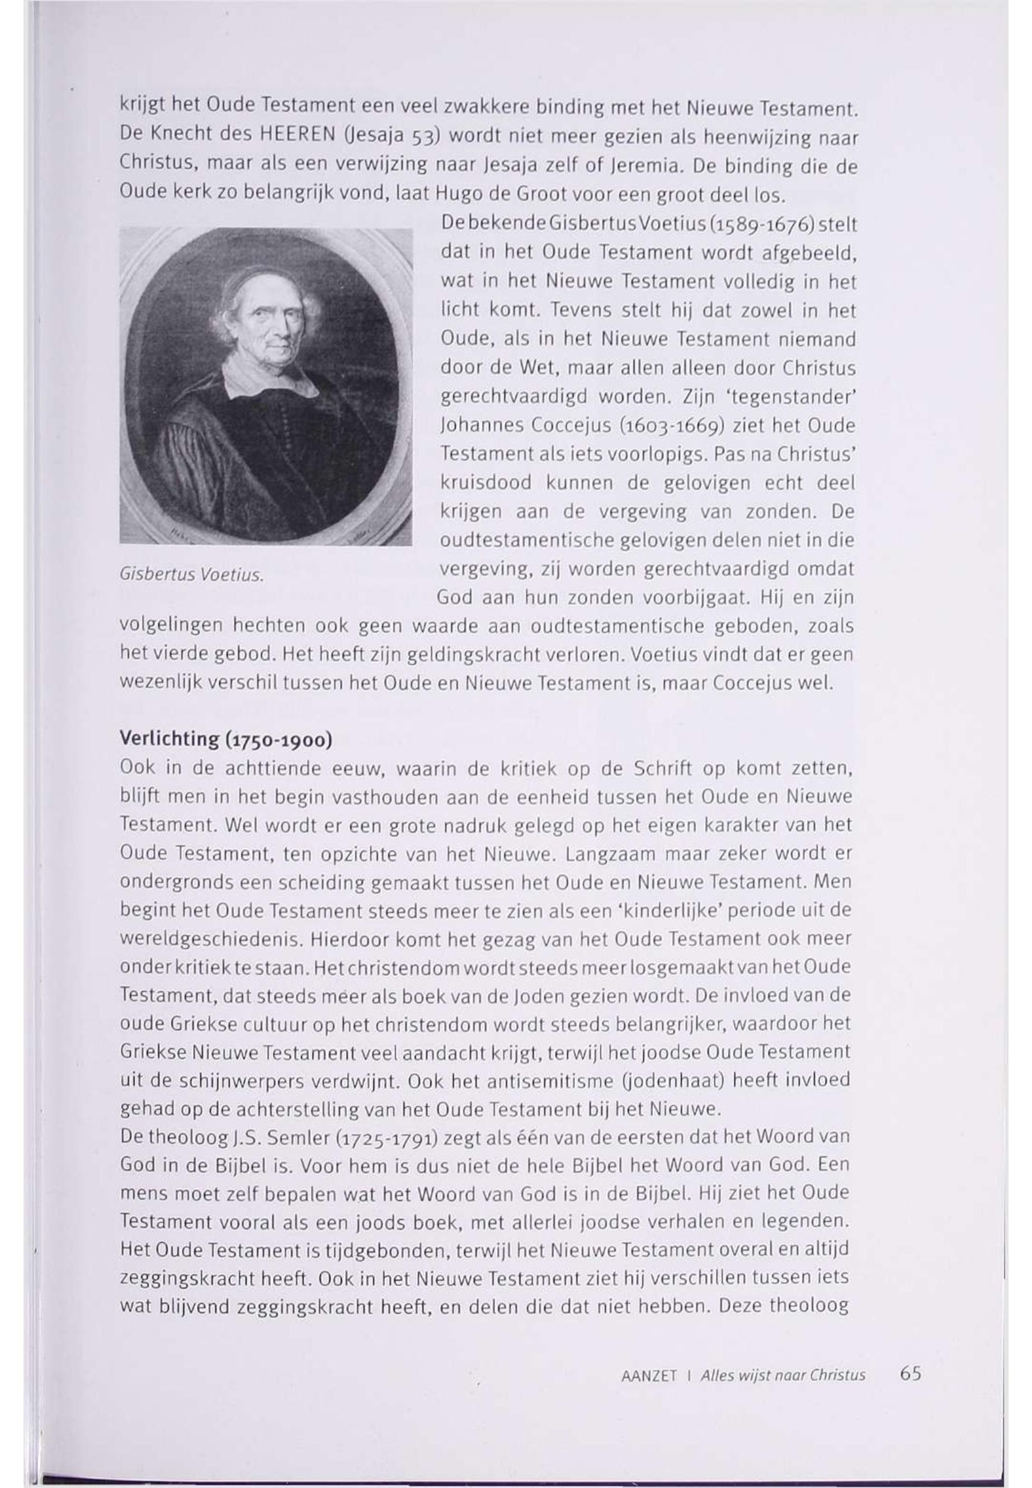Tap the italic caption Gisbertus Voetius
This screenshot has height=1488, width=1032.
191,575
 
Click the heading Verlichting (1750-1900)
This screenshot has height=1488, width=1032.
227,740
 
